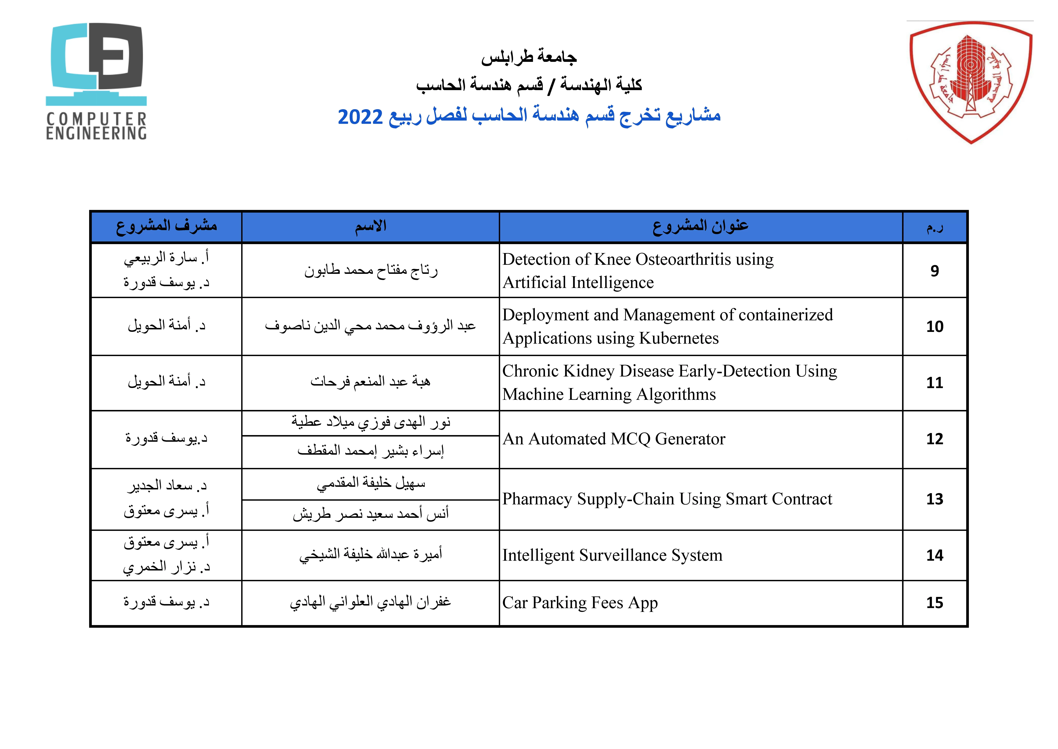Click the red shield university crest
[971, 83]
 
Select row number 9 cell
[934, 271]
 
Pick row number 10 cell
[934, 326]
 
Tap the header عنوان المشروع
[700, 226]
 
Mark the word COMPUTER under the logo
[96, 119]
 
